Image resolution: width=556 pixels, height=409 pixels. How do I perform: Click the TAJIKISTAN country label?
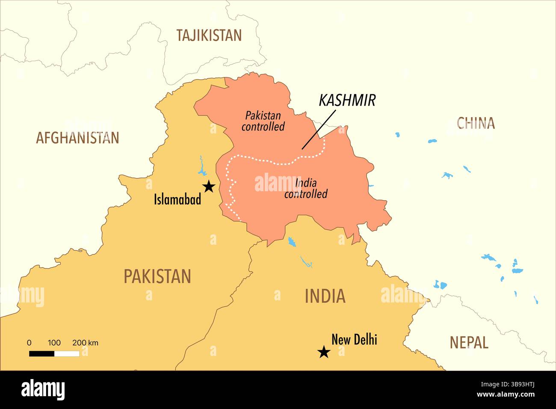coord(209,35)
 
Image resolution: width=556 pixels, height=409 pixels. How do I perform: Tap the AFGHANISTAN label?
coord(77,138)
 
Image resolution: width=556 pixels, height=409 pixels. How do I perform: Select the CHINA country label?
coord(476,123)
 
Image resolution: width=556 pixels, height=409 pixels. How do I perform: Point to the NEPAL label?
coord(469,342)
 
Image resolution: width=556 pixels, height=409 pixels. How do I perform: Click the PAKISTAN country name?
coord(157,276)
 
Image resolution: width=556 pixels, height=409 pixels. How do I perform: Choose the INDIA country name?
coord(325,296)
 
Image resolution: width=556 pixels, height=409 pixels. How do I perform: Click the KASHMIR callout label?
coord(347,100)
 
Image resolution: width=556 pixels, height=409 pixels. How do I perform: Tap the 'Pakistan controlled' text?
coord(263,121)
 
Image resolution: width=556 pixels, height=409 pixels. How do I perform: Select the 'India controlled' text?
coord(306,189)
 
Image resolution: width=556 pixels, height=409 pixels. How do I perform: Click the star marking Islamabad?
coord(209,187)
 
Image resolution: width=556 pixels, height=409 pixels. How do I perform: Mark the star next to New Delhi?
coord(324,353)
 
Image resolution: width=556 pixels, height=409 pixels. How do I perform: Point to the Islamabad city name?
coord(177,199)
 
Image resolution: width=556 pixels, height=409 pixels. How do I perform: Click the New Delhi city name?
coord(354,340)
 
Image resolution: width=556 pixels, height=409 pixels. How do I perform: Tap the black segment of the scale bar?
coord(41,353)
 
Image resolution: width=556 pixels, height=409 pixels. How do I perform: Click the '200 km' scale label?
coord(85,343)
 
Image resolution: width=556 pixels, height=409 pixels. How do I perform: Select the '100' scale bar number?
coord(54,343)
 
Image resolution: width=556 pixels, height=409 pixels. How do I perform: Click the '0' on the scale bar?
coord(29,343)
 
